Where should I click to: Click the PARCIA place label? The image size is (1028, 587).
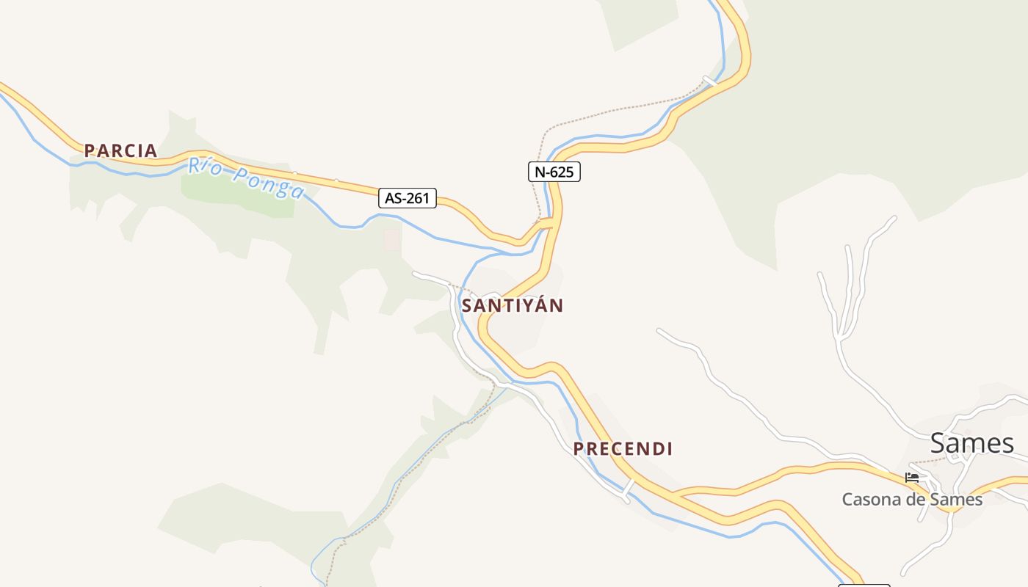(120, 150)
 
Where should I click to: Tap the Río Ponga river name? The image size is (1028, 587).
(245, 178)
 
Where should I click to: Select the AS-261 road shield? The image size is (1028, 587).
(408, 197)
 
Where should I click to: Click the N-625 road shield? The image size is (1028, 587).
(554, 172)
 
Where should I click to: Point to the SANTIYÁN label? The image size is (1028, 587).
(513, 306)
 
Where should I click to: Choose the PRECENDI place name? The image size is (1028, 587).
(623, 448)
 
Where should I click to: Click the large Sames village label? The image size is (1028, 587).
(971, 443)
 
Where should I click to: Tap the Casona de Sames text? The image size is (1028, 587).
(911, 500)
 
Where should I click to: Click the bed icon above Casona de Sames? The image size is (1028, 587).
(912, 477)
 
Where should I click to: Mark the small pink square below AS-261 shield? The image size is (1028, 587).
(392, 238)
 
